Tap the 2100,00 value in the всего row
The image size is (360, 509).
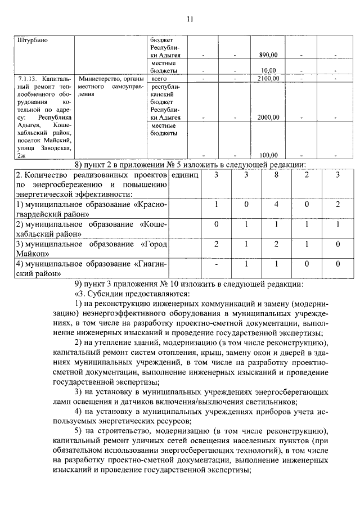click(x=268, y=78)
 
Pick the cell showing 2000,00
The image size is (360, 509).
click(x=268, y=117)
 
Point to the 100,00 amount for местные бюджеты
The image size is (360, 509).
click(x=269, y=155)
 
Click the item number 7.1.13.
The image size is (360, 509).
click(x=28, y=79)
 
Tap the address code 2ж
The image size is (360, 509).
click(x=21, y=155)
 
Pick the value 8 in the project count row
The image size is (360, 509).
click(x=276, y=175)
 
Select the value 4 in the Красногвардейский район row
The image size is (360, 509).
click(x=276, y=205)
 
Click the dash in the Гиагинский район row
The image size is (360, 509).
click(x=216, y=263)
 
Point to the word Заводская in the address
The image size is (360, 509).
click(x=56, y=147)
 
